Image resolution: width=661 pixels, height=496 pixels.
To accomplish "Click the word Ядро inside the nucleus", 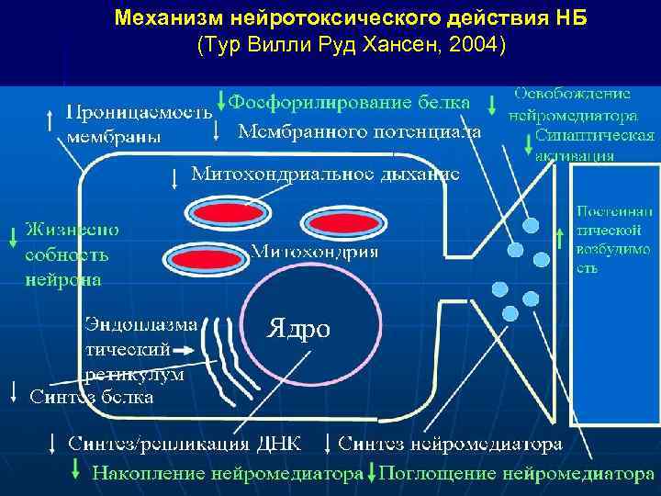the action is tap(298, 328).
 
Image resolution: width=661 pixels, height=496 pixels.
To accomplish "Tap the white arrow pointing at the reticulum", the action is tap(183, 350).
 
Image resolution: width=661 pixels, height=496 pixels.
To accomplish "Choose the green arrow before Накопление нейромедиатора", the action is tap(77, 473).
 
